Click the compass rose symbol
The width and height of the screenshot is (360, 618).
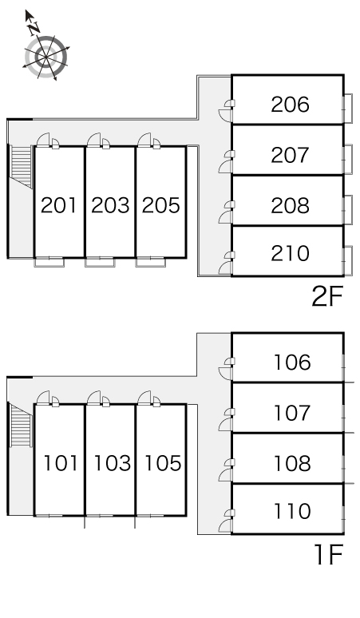tap(46, 57)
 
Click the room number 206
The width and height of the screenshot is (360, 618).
tap(290, 105)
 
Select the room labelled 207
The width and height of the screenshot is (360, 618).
tap(290, 155)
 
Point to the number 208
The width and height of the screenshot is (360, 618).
tap(290, 205)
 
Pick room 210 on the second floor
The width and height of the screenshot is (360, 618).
tap(290, 253)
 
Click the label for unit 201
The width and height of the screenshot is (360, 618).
tap(59, 205)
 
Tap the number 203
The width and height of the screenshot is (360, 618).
tap(110, 205)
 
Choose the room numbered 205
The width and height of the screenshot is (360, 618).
tap(160, 205)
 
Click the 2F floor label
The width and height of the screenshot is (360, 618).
tap(327, 296)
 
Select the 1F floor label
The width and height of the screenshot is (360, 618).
tap(329, 555)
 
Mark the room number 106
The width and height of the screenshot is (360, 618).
tap(292, 362)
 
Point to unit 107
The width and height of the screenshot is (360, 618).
tap(292, 413)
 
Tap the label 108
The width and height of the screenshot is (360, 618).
tap(292, 463)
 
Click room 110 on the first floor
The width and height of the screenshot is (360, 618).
tap(292, 512)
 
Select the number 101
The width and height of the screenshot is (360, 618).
tap(60, 463)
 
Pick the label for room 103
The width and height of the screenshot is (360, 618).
tap(113, 463)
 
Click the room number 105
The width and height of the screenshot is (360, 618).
tap(163, 463)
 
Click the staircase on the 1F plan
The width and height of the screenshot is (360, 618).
tap(21, 425)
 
